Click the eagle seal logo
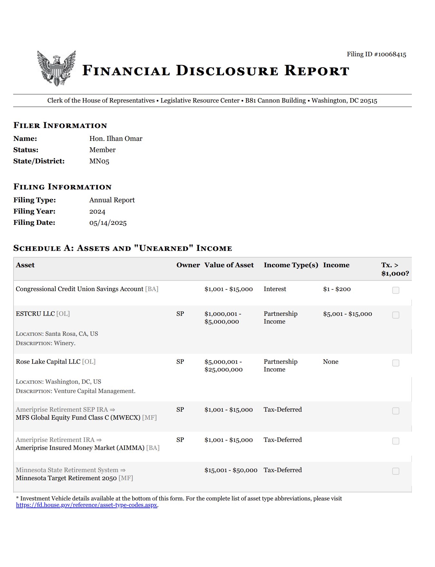click(56, 68)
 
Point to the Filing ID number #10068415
click(390, 54)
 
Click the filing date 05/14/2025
click(108, 223)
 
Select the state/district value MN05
click(99, 161)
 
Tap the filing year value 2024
click(97, 211)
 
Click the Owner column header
click(188, 265)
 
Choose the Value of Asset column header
click(229, 265)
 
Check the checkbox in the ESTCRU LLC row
click(395, 315)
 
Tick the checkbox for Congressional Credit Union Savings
click(395, 290)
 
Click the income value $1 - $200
click(337, 289)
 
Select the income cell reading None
click(330, 362)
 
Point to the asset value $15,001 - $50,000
click(231, 470)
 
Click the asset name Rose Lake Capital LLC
click(48, 362)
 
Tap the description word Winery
click(64, 343)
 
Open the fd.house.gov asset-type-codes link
click(87, 505)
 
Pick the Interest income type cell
click(275, 289)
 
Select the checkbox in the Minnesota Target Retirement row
click(395, 471)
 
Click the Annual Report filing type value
click(112, 200)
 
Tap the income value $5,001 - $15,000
click(347, 314)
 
